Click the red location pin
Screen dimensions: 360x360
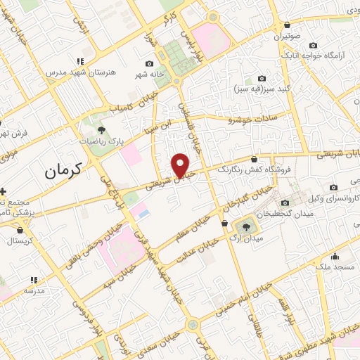click(181, 165)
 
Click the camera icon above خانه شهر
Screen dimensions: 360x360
click(149, 64)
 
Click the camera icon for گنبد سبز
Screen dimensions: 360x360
click(262, 78)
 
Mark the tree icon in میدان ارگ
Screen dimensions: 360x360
click(246, 226)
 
